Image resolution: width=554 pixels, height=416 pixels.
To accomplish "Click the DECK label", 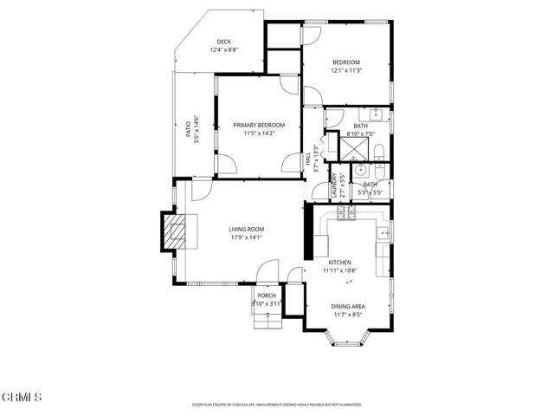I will [x=223, y=42].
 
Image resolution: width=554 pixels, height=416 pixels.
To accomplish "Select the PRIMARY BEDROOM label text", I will [x=258, y=125].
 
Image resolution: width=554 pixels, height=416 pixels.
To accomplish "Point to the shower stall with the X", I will [x=352, y=150].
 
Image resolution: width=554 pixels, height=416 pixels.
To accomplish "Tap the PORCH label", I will [x=267, y=296].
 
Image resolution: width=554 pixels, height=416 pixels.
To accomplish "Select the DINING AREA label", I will [x=348, y=306].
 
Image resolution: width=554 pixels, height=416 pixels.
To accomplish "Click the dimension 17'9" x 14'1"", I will [x=246, y=237].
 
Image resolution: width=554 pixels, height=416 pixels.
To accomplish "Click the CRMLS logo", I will [x=23, y=397].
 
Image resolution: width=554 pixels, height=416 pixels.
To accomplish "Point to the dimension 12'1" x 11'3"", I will [x=346, y=71].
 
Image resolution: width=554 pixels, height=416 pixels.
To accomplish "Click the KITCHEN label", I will [x=339, y=262].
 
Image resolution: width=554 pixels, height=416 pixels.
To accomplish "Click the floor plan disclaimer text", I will [x=276, y=404].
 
